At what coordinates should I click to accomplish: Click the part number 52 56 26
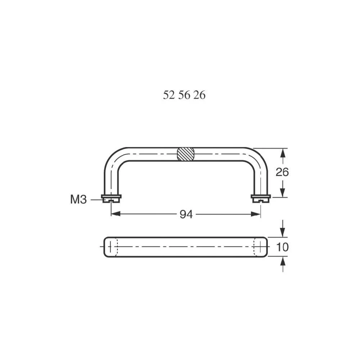(x=184, y=95)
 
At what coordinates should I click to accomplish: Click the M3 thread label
(x=78, y=199)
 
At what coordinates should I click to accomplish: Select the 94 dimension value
(x=186, y=215)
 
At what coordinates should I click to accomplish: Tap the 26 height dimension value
(x=282, y=172)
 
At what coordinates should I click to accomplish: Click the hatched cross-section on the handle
(x=186, y=154)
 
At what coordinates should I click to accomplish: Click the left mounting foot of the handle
(x=111, y=198)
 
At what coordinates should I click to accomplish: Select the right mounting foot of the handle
(x=260, y=198)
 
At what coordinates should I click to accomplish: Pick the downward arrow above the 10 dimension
(x=283, y=232)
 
